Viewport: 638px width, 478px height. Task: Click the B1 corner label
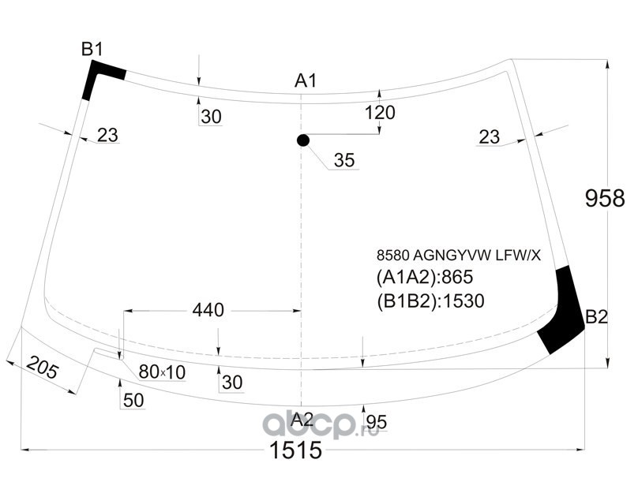(92, 49)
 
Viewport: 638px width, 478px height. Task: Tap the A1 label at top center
(306, 81)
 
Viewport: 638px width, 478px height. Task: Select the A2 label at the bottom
(302, 420)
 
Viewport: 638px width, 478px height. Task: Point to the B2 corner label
(596, 317)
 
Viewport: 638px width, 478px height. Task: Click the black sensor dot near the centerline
(303, 140)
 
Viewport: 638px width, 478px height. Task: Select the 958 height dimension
(605, 199)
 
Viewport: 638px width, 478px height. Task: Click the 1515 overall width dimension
(296, 450)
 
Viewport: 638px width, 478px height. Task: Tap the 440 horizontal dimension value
(208, 310)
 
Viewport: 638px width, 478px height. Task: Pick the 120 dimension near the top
(380, 113)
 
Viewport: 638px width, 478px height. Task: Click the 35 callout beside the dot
(344, 160)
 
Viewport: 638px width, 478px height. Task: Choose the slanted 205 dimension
(43, 368)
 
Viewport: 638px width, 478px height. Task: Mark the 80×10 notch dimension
(162, 372)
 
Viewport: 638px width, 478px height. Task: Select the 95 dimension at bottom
(377, 422)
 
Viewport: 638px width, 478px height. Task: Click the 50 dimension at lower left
(133, 401)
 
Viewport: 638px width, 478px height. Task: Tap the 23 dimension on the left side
(108, 135)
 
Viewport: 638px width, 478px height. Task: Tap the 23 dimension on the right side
(489, 137)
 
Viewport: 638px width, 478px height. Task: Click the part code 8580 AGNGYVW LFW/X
(459, 256)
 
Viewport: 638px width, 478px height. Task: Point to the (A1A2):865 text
(425, 277)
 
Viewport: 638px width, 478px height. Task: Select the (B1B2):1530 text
(430, 301)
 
